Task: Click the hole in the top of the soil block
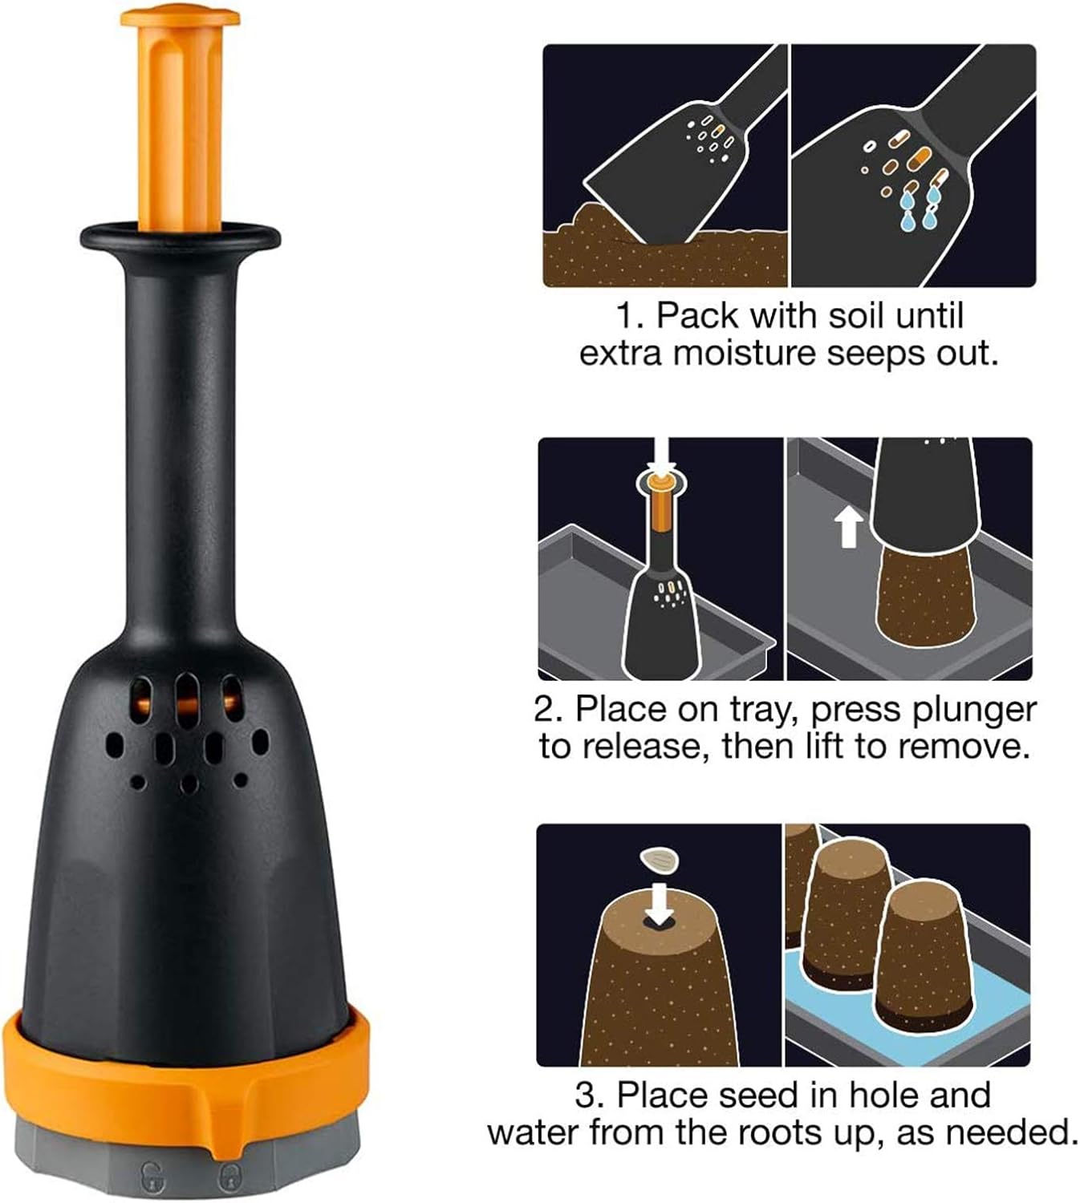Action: tap(660, 921)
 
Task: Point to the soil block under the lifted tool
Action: tap(924, 597)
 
